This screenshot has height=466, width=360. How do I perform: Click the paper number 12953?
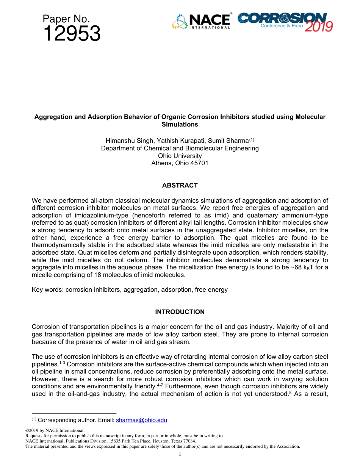[x=72, y=34]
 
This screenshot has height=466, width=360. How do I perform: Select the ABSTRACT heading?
[x=180, y=186]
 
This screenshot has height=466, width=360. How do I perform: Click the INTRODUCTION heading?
[x=180, y=312]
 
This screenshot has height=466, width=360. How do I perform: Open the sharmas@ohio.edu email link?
[x=141, y=420]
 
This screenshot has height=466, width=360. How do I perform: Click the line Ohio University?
[x=180, y=156]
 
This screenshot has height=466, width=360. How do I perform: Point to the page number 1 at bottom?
[x=180, y=454]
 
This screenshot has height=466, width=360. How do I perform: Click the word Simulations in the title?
[x=180, y=124]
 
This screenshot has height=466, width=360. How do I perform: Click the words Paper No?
[x=66, y=19]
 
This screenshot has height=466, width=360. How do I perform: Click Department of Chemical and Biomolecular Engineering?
[x=180, y=148]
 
